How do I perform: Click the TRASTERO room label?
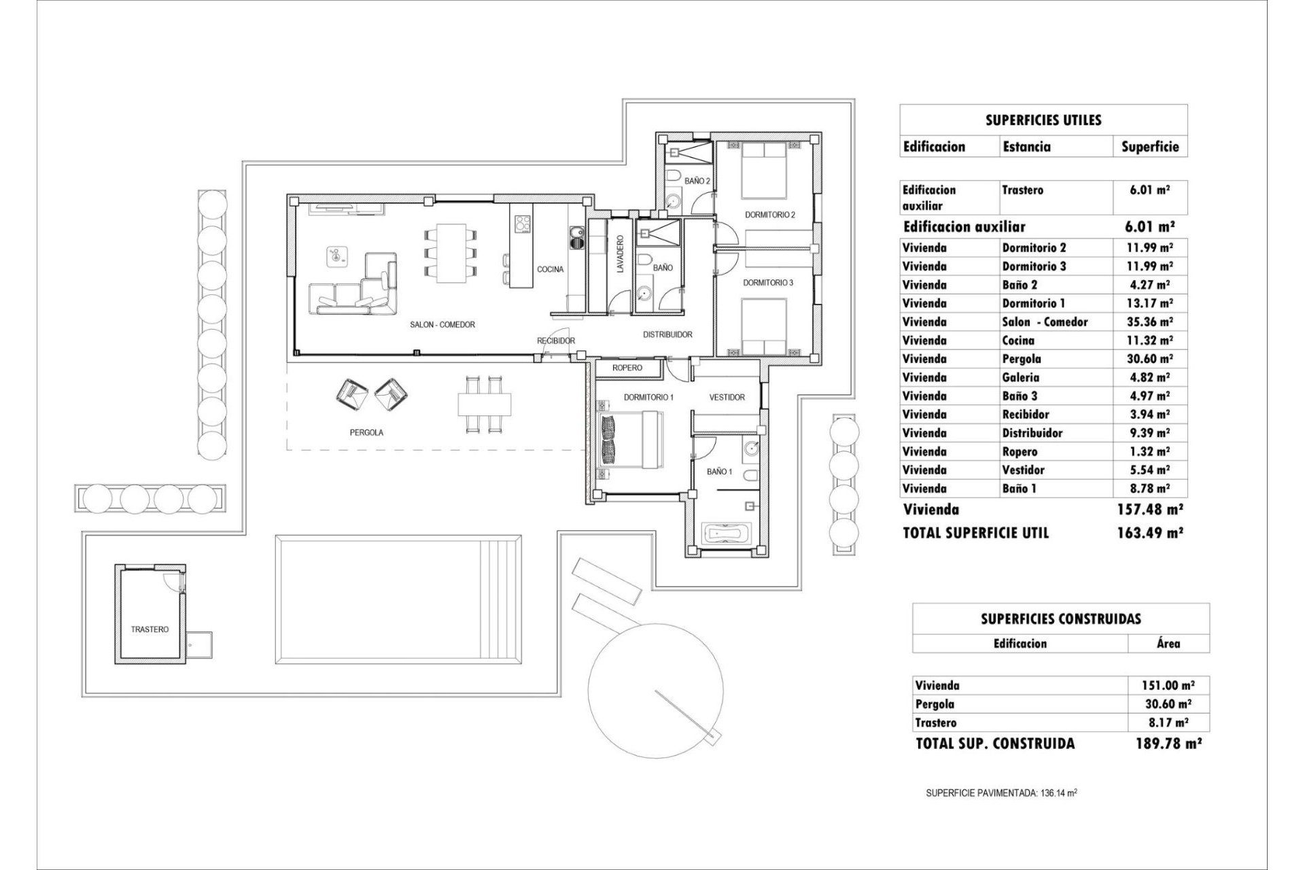click(150, 629)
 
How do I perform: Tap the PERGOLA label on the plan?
click(366, 432)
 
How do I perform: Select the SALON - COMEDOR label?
click(442, 325)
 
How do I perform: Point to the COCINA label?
click(550, 270)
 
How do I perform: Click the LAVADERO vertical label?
click(620, 255)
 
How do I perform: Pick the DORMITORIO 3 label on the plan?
click(768, 283)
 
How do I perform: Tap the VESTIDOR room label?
click(727, 398)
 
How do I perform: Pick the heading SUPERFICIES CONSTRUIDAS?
click(1060, 619)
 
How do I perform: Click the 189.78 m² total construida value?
click(1168, 744)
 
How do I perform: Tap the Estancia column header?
click(1026, 147)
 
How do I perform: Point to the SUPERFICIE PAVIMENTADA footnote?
click(1001, 793)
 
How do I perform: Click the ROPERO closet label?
click(627, 368)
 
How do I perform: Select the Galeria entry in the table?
click(1020, 378)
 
